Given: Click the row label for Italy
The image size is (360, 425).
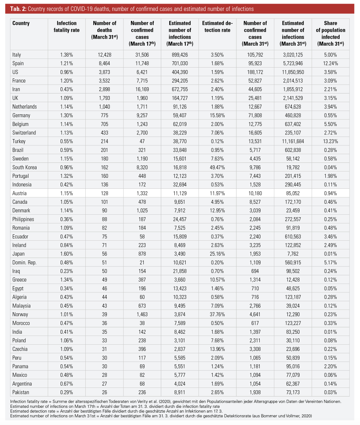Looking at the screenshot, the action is point(16,55).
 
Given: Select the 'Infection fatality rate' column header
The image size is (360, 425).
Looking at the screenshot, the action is point(67,27).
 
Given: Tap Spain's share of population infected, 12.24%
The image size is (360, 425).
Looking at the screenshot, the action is point(330,64).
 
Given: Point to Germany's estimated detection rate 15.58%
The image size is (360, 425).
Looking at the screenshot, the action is point(217,115).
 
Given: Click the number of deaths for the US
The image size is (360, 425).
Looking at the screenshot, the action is point(104,72).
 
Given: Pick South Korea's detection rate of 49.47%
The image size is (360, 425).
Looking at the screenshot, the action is point(217,168).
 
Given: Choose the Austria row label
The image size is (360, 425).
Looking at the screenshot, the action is point(19,193).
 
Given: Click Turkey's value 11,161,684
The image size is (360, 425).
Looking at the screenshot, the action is point(293,142).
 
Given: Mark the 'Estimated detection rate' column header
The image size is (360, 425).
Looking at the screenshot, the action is point(217,27).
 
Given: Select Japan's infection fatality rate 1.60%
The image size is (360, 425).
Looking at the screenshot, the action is point(67,254).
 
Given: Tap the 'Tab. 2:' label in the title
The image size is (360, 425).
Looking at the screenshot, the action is point(18,9).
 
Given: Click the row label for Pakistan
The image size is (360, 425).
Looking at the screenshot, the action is point(20,393).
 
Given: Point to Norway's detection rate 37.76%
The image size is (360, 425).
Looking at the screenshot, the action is point(217,314).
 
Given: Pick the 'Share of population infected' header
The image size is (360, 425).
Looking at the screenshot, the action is point(330,33).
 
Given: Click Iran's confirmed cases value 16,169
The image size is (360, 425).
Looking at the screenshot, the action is point(142,89).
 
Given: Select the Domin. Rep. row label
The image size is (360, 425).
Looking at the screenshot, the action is point(24,263).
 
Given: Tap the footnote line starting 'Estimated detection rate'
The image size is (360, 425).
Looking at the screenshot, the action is point(116,411).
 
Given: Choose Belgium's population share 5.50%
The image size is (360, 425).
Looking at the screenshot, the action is point(330,124).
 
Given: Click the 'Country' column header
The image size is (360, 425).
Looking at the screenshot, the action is point(21,23).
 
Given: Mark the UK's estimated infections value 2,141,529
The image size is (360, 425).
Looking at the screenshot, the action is point(293,98).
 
